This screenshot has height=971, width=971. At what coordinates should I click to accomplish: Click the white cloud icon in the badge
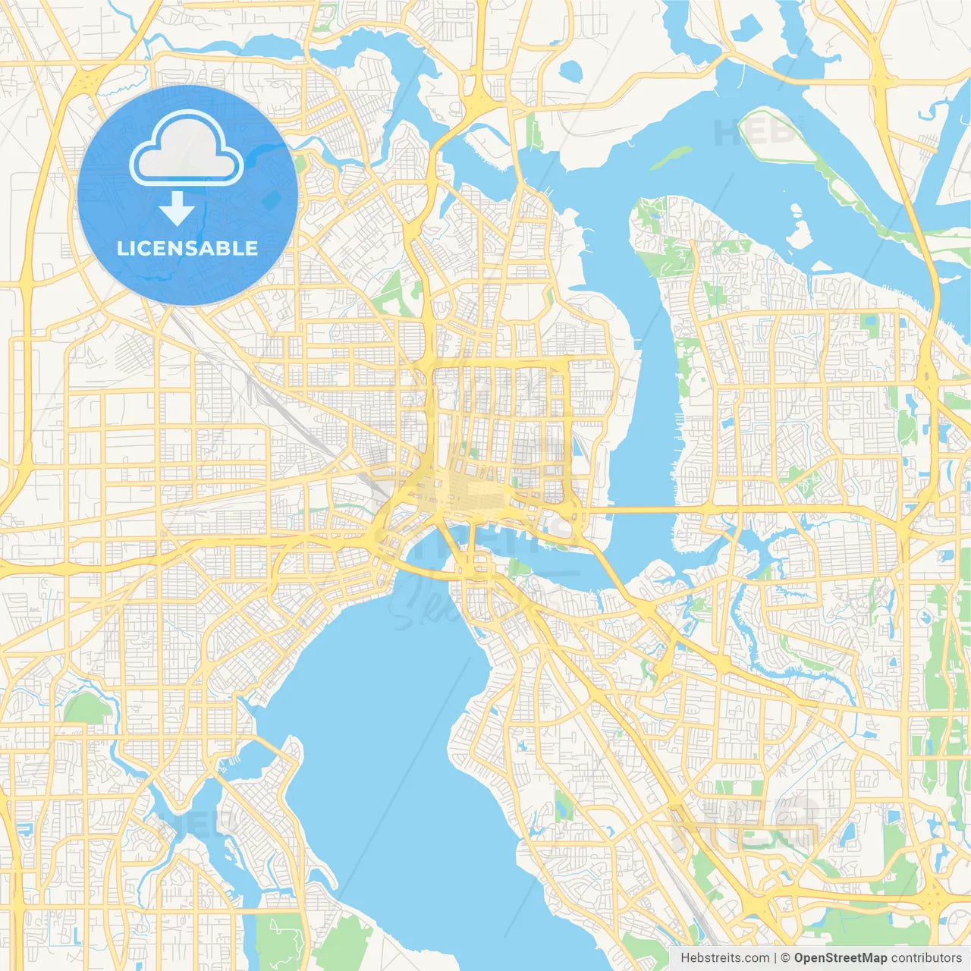pyautogui.click(x=186, y=148)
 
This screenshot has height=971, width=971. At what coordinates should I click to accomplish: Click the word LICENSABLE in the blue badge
pyautogui.click(x=187, y=248)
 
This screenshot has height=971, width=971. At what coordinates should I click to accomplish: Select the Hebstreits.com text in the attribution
pyautogui.click(x=724, y=958)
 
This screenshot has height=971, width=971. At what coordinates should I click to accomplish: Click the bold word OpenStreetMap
pyautogui.click(x=840, y=958)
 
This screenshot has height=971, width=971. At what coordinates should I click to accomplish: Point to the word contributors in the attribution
pyautogui.click(x=926, y=958)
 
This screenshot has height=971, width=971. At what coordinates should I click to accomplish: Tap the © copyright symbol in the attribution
pyautogui.click(x=786, y=958)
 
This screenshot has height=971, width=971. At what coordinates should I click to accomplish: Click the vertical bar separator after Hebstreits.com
pyautogui.click(x=775, y=958)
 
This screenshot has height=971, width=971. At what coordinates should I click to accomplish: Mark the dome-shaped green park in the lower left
pyautogui.click(x=87, y=709)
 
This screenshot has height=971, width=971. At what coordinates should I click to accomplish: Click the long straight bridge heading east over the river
pyautogui.click(x=645, y=510)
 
